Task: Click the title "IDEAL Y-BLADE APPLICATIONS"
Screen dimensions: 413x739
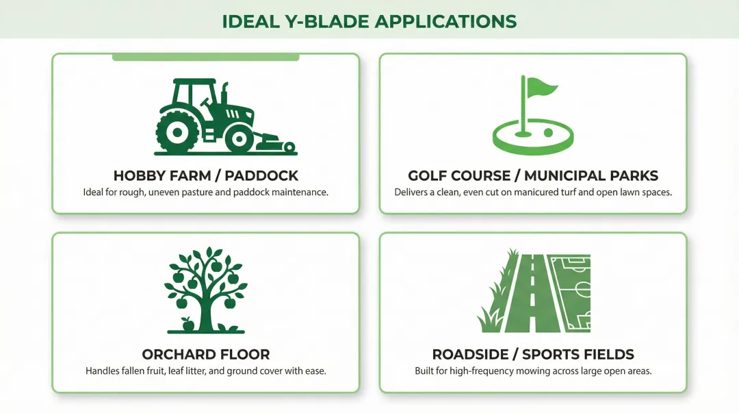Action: pos(369,20)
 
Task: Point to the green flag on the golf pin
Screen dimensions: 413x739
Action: pos(541,88)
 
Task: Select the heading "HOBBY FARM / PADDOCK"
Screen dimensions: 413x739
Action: pos(205,175)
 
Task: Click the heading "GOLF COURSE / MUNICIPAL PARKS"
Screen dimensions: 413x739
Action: pos(533,175)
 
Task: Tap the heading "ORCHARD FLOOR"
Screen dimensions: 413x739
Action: pos(205,355)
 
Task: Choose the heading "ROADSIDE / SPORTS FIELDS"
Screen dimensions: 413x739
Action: pos(533,355)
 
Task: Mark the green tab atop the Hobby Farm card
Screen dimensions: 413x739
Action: pos(205,57)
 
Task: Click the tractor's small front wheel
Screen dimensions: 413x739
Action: pos(239,139)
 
